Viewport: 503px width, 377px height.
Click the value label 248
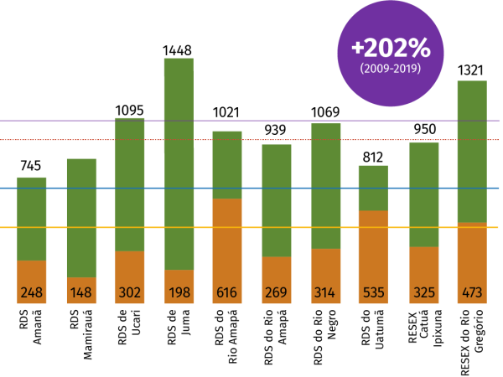pyautogui.click(x=32, y=293)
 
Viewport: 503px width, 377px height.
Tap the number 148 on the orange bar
pyautogui.click(x=81, y=293)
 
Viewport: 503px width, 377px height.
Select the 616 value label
pyautogui.click(x=227, y=293)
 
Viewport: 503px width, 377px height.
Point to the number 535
pyautogui.click(x=373, y=293)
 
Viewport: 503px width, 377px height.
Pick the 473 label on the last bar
pyautogui.click(x=472, y=293)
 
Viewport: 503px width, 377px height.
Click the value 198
pyautogui.click(x=179, y=293)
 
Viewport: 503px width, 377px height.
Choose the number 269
pyautogui.click(x=276, y=293)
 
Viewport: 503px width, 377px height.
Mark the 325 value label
pyautogui.click(x=424, y=293)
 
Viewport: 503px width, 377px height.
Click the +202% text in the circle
pyautogui.click(x=391, y=46)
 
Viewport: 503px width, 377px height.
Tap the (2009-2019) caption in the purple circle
pyautogui.click(x=391, y=69)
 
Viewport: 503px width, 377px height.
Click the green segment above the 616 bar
pyautogui.click(x=227, y=164)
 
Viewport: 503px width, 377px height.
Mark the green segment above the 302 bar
pyautogui.click(x=129, y=168)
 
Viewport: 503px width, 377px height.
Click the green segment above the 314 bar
pyautogui.click(x=326, y=168)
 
